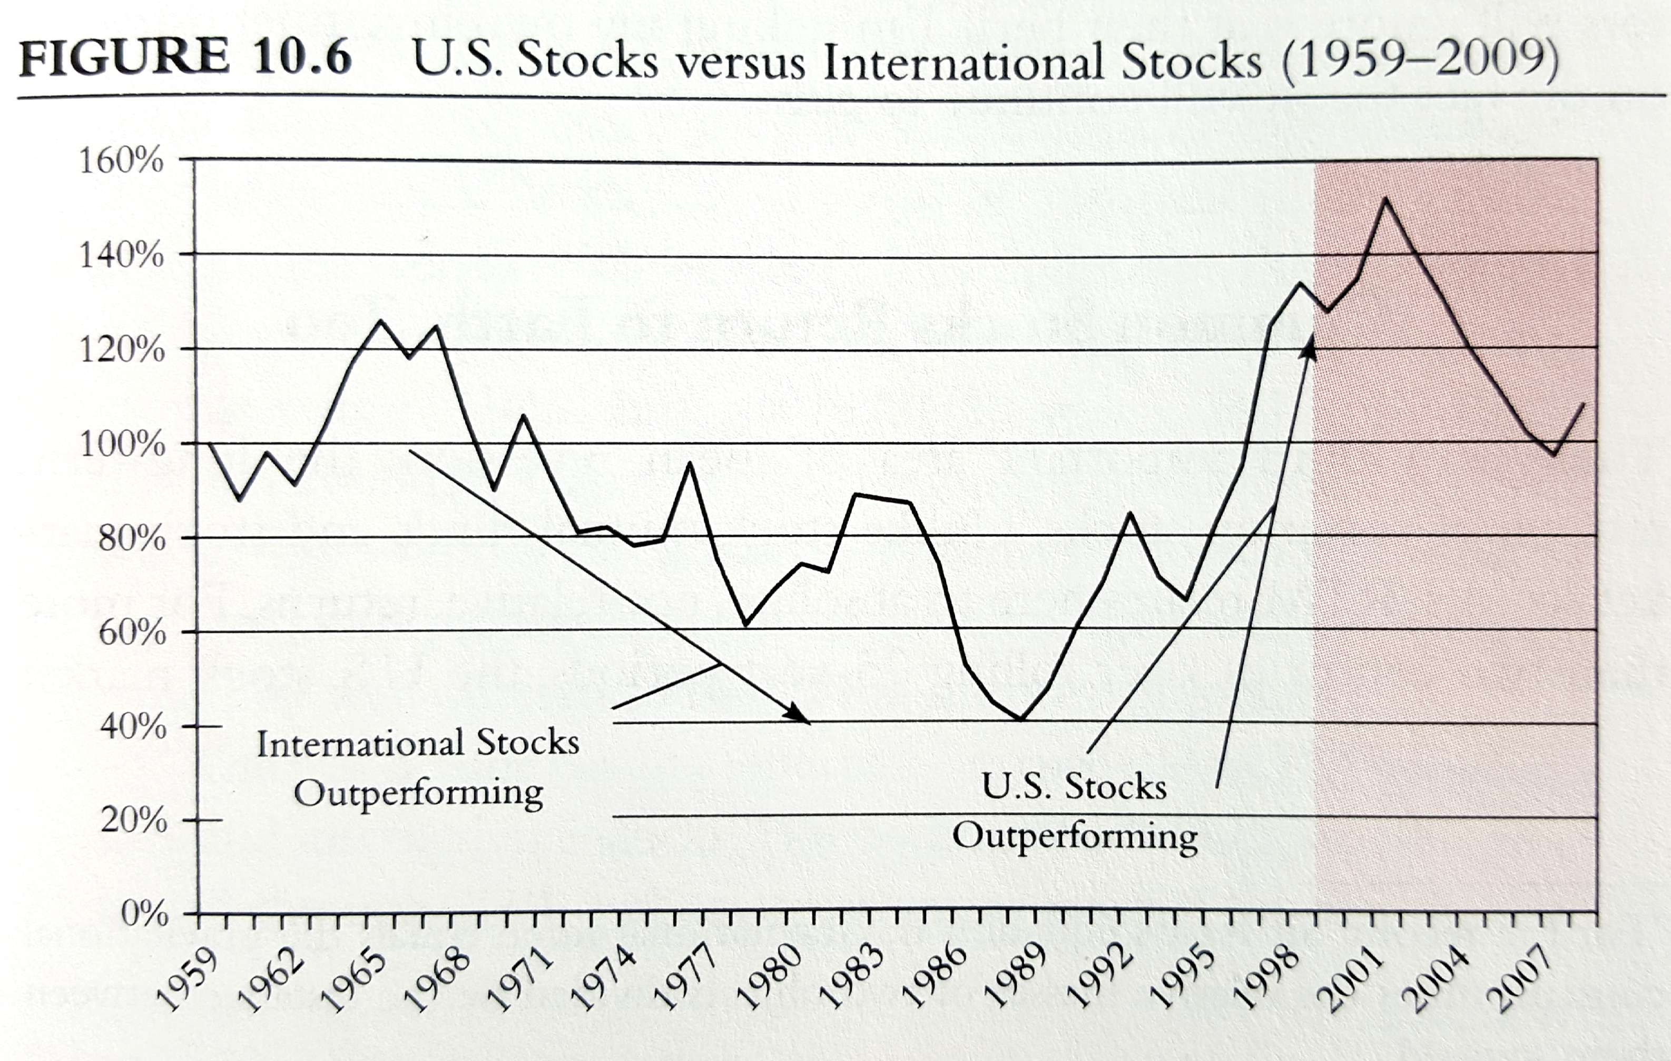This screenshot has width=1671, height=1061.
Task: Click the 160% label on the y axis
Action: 122,161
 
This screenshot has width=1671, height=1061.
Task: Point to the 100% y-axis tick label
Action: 123,445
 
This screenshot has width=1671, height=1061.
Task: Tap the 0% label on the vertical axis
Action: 144,915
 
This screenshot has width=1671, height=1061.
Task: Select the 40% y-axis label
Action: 133,727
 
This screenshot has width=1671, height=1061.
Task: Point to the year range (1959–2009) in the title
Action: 1419,61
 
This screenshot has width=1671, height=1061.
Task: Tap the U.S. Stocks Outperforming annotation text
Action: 1074,810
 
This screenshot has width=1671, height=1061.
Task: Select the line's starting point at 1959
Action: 209,443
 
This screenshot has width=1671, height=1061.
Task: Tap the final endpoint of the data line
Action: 1584,404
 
